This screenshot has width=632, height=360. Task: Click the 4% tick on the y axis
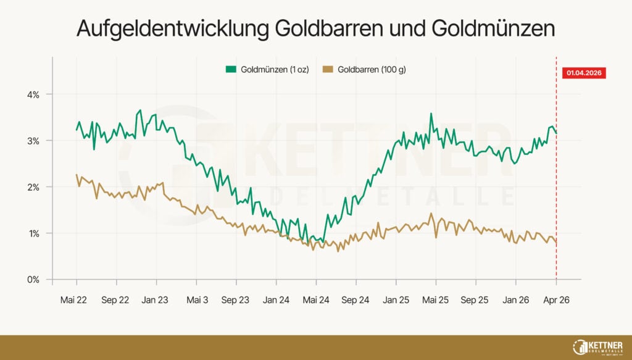(x=33, y=94)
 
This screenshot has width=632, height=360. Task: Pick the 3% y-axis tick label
(x=33, y=141)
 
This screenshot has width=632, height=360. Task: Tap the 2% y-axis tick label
(x=33, y=187)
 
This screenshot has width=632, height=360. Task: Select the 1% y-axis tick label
(x=33, y=233)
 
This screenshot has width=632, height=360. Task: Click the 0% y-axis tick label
(x=33, y=280)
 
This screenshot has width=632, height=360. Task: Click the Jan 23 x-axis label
(x=155, y=300)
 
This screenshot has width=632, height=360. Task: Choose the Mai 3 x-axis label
(x=197, y=300)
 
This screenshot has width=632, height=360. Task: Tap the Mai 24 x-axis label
(x=316, y=300)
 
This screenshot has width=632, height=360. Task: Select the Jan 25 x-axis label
(x=396, y=300)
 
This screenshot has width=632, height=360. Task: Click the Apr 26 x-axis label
(x=555, y=300)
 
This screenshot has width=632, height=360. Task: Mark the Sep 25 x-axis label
(x=475, y=300)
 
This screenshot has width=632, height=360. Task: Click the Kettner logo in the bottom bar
(x=597, y=346)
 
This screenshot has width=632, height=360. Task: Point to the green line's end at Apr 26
(x=556, y=132)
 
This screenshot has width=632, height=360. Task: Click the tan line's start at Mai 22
(x=77, y=175)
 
